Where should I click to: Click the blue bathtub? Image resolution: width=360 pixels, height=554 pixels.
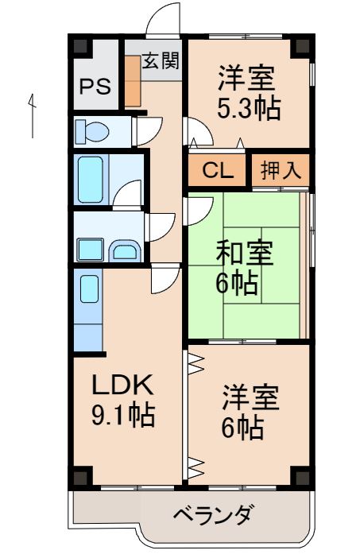pos(89,180)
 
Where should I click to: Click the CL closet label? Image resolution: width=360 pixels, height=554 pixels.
pos(217,170)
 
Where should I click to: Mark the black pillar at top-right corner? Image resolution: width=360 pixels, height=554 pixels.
pos(300,45)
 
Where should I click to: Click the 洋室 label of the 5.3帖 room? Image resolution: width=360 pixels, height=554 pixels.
pos(247,79)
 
